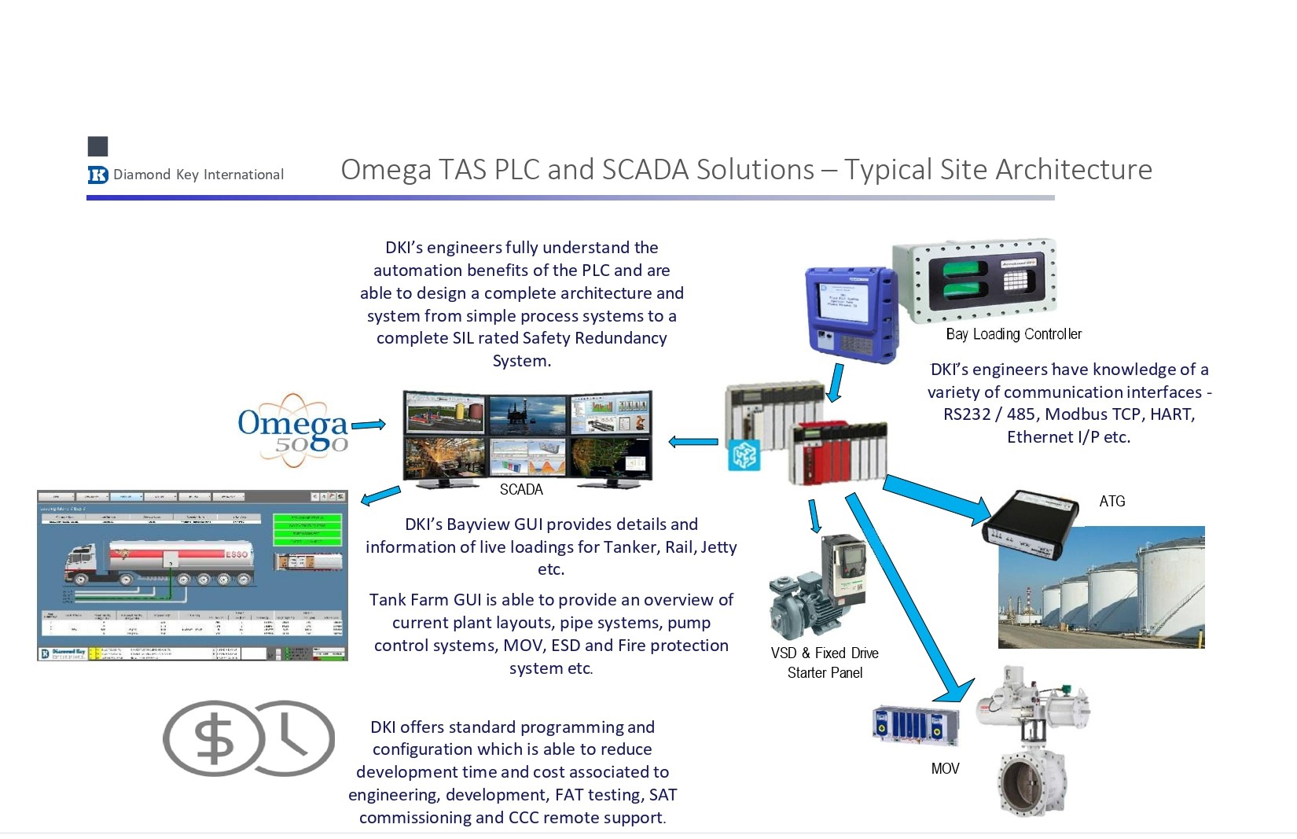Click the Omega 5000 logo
point(292,429)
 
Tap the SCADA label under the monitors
point(521,489)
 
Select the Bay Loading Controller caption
point(1013,334)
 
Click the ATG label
point(1111,501)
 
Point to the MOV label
point(945,768)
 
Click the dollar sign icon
point(213,739)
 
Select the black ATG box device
point(1031,520)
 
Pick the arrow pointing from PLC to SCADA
point(693,442)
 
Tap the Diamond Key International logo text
point(197,175)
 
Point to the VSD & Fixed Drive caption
point(825,653)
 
